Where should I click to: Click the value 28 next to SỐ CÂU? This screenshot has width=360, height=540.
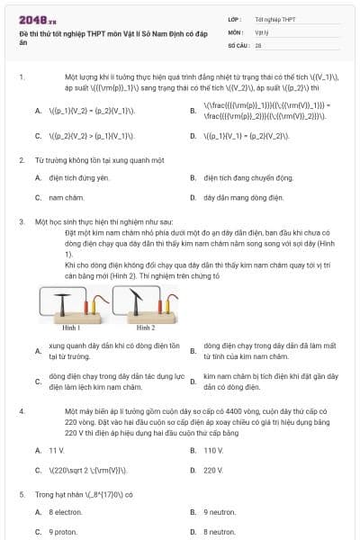[x=258, y=44]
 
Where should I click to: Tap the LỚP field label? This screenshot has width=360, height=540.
[x=235, y=18]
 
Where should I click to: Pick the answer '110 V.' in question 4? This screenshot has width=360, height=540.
[x=213, y=449]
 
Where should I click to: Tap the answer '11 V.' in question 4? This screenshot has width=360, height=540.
[x=57, y=449]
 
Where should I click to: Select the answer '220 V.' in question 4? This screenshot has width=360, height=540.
[x=213, y=470]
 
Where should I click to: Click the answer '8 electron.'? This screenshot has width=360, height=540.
[x=65, y=512]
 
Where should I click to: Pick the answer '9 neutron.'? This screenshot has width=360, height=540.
[x=219, y=512]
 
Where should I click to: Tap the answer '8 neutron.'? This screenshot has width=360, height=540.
[x=219, y=532]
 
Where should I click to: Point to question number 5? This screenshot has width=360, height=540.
[x=22, y=494]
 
